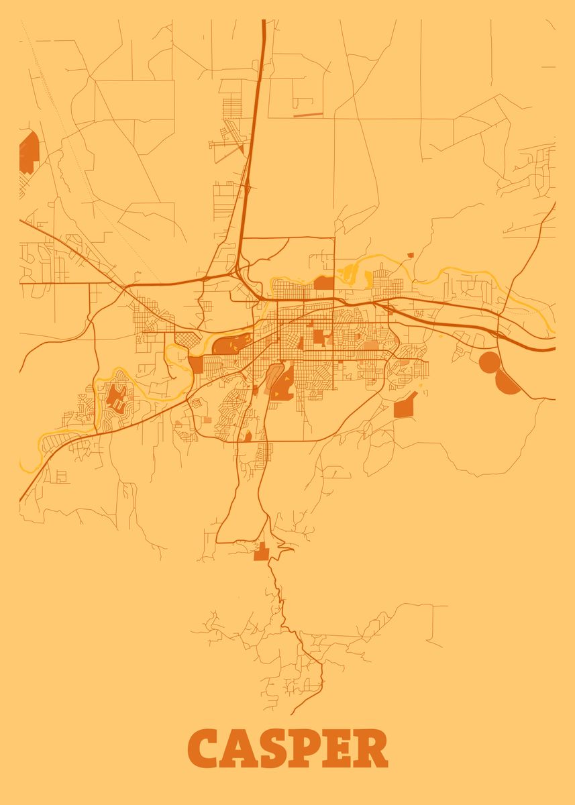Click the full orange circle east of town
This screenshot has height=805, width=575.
[490, 362]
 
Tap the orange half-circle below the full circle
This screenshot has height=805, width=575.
[507, 384]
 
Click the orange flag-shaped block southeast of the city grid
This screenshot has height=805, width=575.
[405, 406]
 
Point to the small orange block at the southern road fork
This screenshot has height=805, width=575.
[261, 553]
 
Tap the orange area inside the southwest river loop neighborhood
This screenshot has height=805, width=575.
[115, 396]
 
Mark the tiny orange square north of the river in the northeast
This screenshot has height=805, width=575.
[410, 255]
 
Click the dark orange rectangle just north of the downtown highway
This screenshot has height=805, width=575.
[323, 282]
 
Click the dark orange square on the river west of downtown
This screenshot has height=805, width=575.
[195, 364]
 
